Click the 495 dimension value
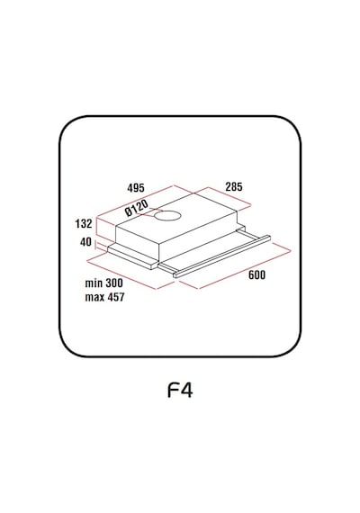point(136,188)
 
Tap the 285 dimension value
point(234,187)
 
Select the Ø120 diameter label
point(137,208)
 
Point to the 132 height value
point(84,224)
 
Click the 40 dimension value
point(85,242)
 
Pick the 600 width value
point(256,275)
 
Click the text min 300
point(104,283)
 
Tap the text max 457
point(105,297)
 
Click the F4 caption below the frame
point(180,390)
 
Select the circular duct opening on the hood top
point(167,216)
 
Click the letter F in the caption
point(173,390)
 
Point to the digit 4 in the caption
point(187,390)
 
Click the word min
point(93,283)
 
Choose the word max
point(94,297)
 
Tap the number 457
point(115,297)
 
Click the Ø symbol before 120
point(128,212)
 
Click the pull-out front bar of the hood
point(222,256)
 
